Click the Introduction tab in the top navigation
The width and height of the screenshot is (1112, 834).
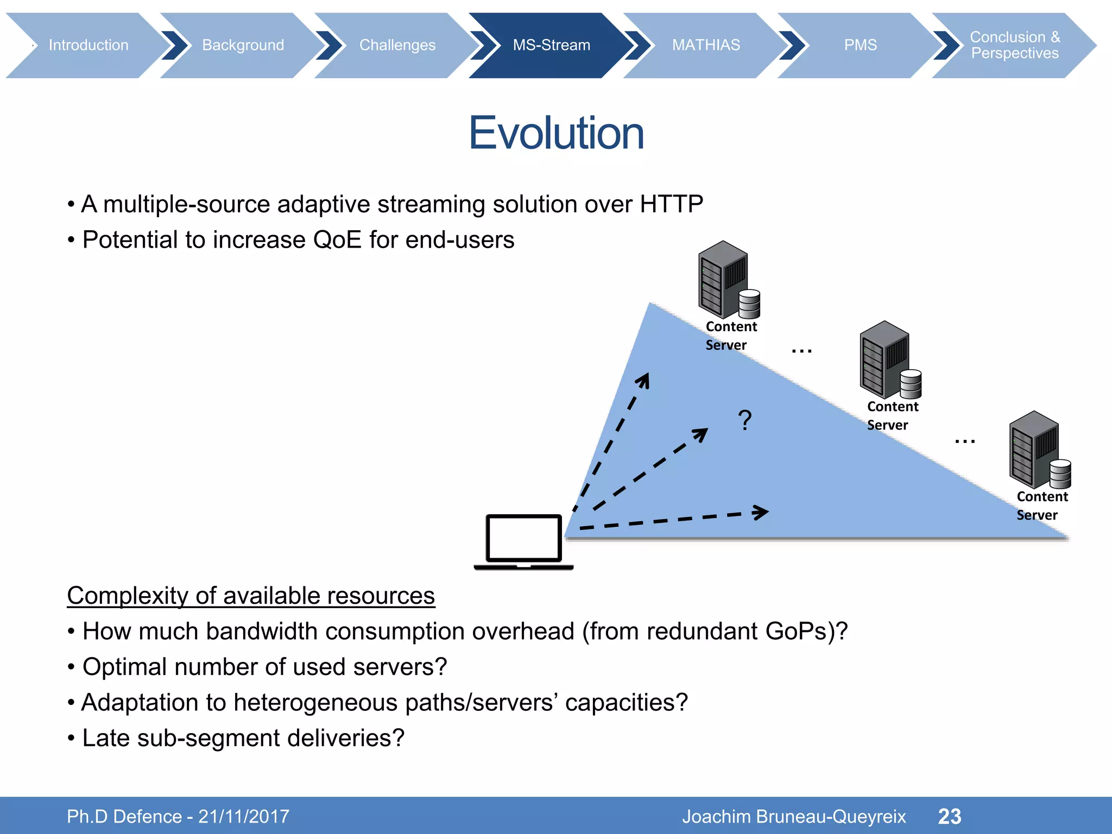[x=88, y=45]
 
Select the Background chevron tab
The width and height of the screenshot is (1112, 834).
[x=243, y=45]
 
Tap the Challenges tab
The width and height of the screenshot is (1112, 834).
[x=397, y=45]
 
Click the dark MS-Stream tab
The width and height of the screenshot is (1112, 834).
[x=551, y=45]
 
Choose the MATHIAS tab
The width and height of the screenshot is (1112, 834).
[x=706, y=45]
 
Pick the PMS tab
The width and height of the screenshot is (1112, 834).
[x=860, y=45]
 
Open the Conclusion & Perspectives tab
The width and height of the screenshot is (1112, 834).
[x=1014, y=45]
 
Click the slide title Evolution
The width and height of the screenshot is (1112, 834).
[x=556, y=133]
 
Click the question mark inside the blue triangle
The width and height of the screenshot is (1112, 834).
[x=745, y=420]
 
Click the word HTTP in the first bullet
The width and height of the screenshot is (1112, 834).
[x=671, y=204]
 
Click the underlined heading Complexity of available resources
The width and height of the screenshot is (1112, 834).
[x=251, y=596]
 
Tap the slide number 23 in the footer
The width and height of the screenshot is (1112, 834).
[x=949, y=816]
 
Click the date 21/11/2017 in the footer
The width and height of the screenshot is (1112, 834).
[x=244, y=816]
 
